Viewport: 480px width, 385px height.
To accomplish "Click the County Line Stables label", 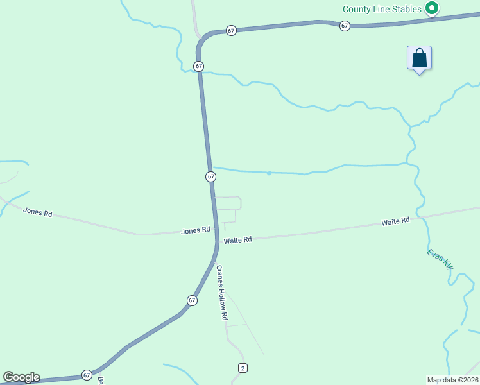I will [x=382, y=9].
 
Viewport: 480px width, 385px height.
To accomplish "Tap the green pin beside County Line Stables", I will [x=433, y=8].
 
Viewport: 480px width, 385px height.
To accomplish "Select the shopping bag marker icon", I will [x=419, y=58].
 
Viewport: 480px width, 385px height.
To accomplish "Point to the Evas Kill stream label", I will [x=440, y=259].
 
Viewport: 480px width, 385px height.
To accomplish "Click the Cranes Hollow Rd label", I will [x=222, y=293].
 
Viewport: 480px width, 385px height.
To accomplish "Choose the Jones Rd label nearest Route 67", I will [x=196, y=230].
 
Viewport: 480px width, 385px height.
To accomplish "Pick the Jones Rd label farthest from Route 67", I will [x=37, y=212].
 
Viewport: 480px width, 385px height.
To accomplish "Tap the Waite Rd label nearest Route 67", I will [x=237, y=239].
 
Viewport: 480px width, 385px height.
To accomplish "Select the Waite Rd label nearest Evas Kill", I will [x=395, y=221].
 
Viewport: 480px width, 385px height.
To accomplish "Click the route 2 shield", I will [x=242, y=368].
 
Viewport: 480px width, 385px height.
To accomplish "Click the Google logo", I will [x=21, y=377].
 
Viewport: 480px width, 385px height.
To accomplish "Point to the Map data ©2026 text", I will [x=452, y=379].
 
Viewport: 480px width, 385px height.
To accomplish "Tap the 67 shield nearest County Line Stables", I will [x=345, y=26].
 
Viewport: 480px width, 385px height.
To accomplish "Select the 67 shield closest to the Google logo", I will [x=87, y=375].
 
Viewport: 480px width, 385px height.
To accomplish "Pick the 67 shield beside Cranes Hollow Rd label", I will [x=192, y=300].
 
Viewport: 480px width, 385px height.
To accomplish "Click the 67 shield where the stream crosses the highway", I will [x=199, y=66].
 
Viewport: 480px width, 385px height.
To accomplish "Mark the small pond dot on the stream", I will [x=270, y=173].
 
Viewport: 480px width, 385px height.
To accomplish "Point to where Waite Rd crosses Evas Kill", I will [x=422, y=218].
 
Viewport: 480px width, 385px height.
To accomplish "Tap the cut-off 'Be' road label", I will [x=101, y=381].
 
